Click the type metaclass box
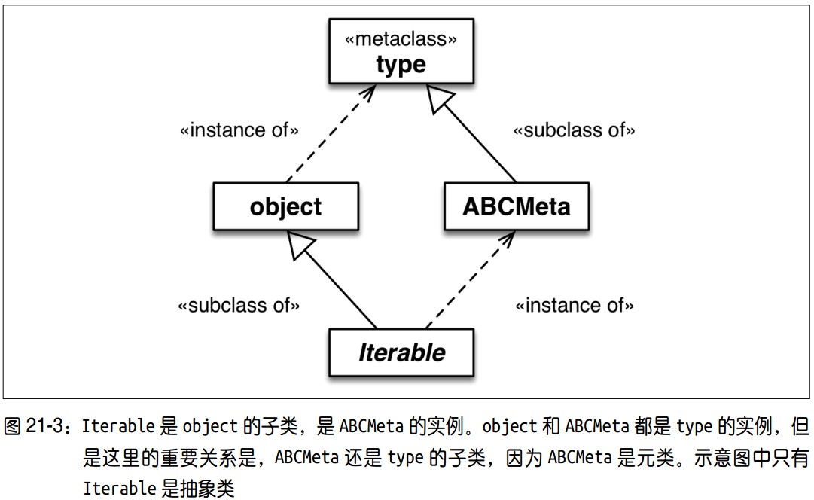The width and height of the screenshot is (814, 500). point(401,51)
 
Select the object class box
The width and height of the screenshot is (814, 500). point(285,206)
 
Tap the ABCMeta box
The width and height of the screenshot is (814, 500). point(517,206)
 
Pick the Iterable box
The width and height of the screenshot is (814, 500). point(401,352)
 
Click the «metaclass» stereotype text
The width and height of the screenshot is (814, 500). point(401,39)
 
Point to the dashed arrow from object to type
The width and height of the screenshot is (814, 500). point(331,133)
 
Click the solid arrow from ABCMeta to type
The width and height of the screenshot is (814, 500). point(471,133)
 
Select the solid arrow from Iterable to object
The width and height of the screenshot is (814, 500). point(332,280)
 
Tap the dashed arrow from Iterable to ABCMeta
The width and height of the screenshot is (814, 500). point(471,280)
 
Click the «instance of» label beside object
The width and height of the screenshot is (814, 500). point(239,130)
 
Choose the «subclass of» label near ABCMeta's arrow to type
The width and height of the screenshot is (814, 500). point(574,130)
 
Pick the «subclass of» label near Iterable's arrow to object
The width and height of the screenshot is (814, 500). point(239,305)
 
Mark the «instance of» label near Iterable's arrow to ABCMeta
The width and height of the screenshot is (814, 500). point(574,305)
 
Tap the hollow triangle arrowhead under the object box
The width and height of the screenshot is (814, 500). point(299,244)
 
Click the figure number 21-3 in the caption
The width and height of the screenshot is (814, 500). point(44,426)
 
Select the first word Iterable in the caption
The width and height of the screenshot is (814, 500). point(118,426)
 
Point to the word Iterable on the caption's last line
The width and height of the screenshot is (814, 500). point(120,489)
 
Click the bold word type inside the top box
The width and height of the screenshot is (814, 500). point(401,65)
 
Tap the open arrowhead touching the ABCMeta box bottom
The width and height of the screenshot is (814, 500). point(507,240)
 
